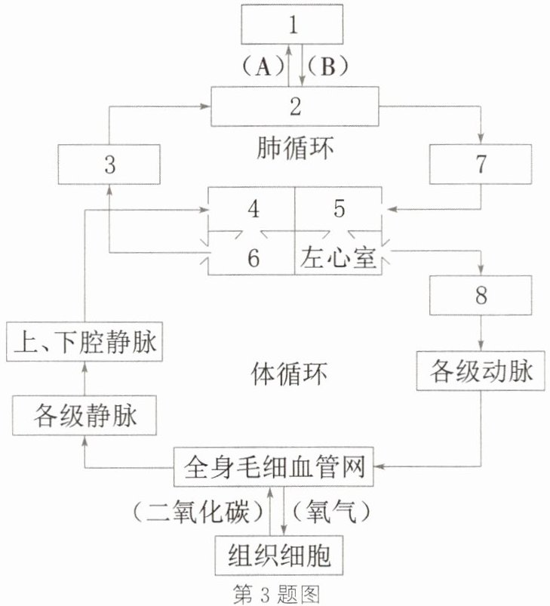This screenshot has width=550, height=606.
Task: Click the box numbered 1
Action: pos(292,24)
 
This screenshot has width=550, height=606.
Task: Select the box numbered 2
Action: pos(295,106)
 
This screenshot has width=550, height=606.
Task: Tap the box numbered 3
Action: pos(109,165)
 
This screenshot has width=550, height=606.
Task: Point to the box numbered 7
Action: pos(481,164)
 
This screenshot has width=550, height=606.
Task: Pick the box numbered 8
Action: pos(481,295)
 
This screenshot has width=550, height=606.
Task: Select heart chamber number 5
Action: pos(339,209)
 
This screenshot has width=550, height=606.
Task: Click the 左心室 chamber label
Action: pos(338,257)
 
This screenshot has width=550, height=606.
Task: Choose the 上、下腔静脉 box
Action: pos(84,342)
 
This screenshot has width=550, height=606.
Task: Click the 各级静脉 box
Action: pos(84,416)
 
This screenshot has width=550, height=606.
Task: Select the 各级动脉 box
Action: pos(481,371)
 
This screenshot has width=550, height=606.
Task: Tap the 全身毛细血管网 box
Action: pos(273,467)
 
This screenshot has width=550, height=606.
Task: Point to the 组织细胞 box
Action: pos(279,555)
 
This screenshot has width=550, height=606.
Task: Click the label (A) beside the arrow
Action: pos(263,66)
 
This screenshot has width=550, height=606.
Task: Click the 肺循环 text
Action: pos(295,148)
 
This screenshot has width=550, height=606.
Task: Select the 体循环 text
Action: pos(289,374)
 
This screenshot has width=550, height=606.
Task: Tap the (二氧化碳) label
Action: pos(198,512)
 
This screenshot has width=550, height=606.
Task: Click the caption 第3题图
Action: pos(277,594)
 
